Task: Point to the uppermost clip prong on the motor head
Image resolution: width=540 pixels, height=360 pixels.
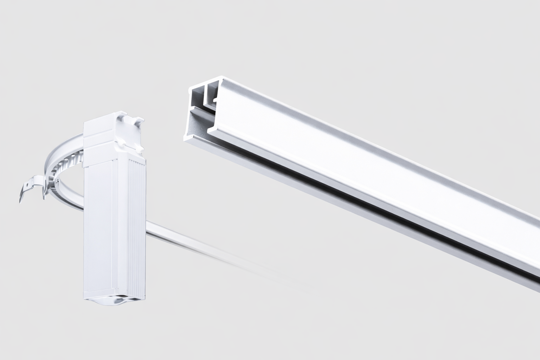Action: point(141,121)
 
